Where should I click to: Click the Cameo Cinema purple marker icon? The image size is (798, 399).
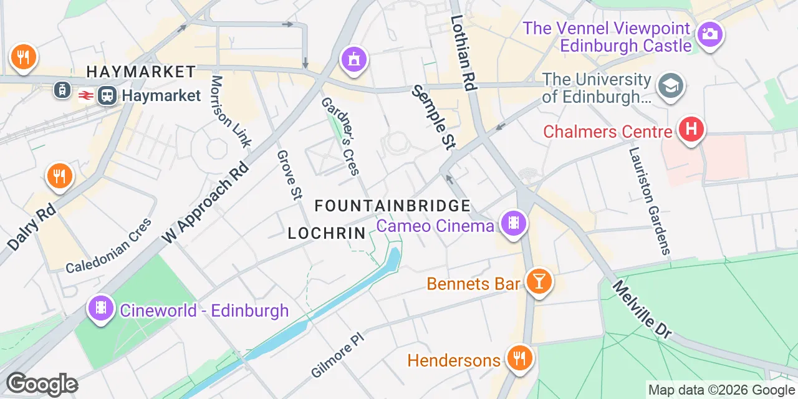[x=513, y=223]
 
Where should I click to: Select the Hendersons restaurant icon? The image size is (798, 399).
[x=518, y=357]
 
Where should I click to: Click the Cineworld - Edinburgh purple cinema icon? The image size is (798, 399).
[x=100, y=307]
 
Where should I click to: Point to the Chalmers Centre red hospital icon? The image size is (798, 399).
[x=691, y=129]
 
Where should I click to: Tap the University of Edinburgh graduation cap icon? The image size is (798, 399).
[x=671, y=85]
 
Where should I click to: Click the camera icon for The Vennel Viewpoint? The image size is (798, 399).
[x=709, y=33]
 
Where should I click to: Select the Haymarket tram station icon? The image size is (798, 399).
[x=62, y=90]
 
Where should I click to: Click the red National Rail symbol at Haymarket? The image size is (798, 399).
[x=85, y=95]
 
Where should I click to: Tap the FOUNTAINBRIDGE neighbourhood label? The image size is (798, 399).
[x=392, y=206]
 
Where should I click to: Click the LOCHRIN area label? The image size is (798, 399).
[x=326, y=234]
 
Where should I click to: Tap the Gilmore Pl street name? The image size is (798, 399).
[x=337, y=355]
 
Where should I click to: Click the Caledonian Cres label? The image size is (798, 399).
[x=108, y=246]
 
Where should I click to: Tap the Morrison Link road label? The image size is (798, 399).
[x=230, y=112]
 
